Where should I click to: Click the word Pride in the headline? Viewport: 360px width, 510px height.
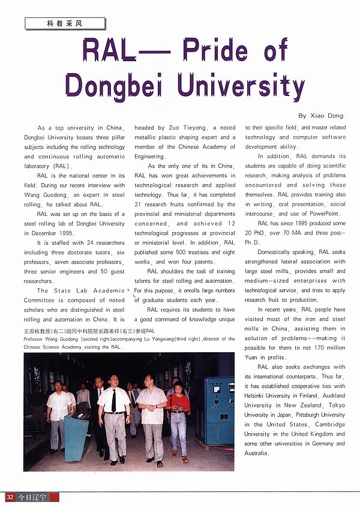coord(215,52)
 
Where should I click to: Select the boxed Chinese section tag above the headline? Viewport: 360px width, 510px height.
coord(65,23)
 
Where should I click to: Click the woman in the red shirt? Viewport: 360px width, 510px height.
coord(178,414)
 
